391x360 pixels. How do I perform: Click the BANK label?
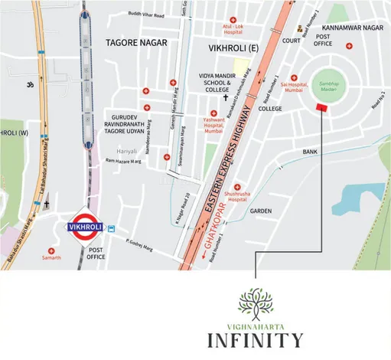pos(310,152)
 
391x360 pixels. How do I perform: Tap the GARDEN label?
pos(261,211)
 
